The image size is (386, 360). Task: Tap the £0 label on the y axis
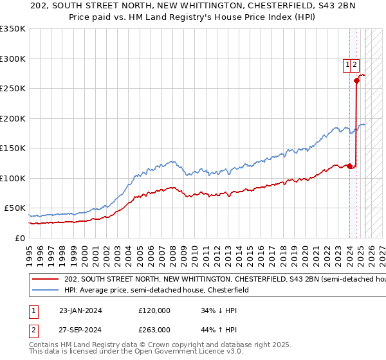tap(20, 238)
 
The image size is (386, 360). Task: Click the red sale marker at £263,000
tap(356, 80)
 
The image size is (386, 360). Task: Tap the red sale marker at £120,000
tap(349, 166)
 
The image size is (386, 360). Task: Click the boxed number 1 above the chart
tap(347, 64)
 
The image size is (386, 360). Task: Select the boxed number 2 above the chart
tap(355, 64)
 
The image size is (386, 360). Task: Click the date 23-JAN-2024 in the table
tap(80, 310)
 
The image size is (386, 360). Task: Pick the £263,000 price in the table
tap(154, 330)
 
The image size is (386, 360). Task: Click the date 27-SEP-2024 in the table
tap(80, 330)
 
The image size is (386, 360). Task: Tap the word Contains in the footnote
tap(45, 345)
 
